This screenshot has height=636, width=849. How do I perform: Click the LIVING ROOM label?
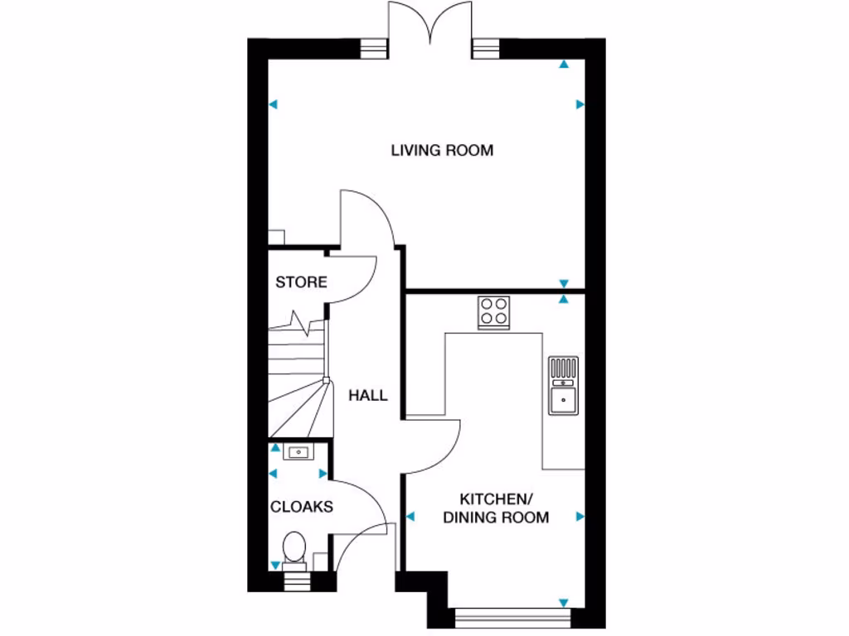tap(442, 150)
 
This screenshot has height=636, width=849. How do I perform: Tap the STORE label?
tap(301, 282)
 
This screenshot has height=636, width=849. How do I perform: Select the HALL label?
tap(367, 396)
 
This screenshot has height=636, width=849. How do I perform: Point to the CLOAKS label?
tap(302, 506)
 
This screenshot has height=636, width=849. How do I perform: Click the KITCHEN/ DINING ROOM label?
tap(496, 508)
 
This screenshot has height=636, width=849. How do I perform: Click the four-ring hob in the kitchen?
tap(494, 312)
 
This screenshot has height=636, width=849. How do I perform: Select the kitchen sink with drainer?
tap(564, 385)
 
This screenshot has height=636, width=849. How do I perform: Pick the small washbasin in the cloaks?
tap(297, 452)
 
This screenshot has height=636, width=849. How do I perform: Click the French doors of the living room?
tap(429, 25)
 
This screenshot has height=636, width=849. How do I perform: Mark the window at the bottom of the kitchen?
tap(513, 615)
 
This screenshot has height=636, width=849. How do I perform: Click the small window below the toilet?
tap(294, 580)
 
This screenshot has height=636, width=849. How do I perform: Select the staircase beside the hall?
tap(298, 377)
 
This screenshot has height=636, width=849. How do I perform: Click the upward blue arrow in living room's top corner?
tap(564, 64)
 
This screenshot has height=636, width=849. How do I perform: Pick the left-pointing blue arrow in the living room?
tap(274, 104)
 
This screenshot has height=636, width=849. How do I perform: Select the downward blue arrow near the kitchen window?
tap(564, 602)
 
